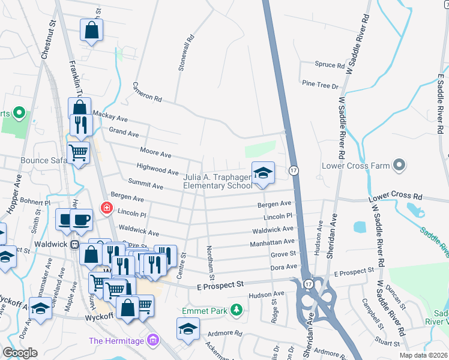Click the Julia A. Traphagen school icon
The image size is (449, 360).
tap(262, 173)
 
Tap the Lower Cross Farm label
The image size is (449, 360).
tap(356, 166)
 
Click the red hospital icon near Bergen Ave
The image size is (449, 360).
tap(107, 208)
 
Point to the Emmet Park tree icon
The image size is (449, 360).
tap(238, 309)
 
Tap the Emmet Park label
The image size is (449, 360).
tap(205, 311)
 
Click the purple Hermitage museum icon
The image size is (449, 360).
tap(153, 341)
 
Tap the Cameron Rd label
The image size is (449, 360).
tap(147, 91)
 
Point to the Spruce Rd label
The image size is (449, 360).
tap(330, 64)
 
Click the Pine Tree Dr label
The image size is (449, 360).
tap(321, 85)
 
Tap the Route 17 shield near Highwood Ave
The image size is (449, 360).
tap(294, 171)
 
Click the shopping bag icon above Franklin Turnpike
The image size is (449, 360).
tap(91, 31)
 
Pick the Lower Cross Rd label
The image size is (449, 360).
tap(396, 196)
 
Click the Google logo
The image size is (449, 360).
tap(20, 352)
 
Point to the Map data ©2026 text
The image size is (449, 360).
tap(423, 355)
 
